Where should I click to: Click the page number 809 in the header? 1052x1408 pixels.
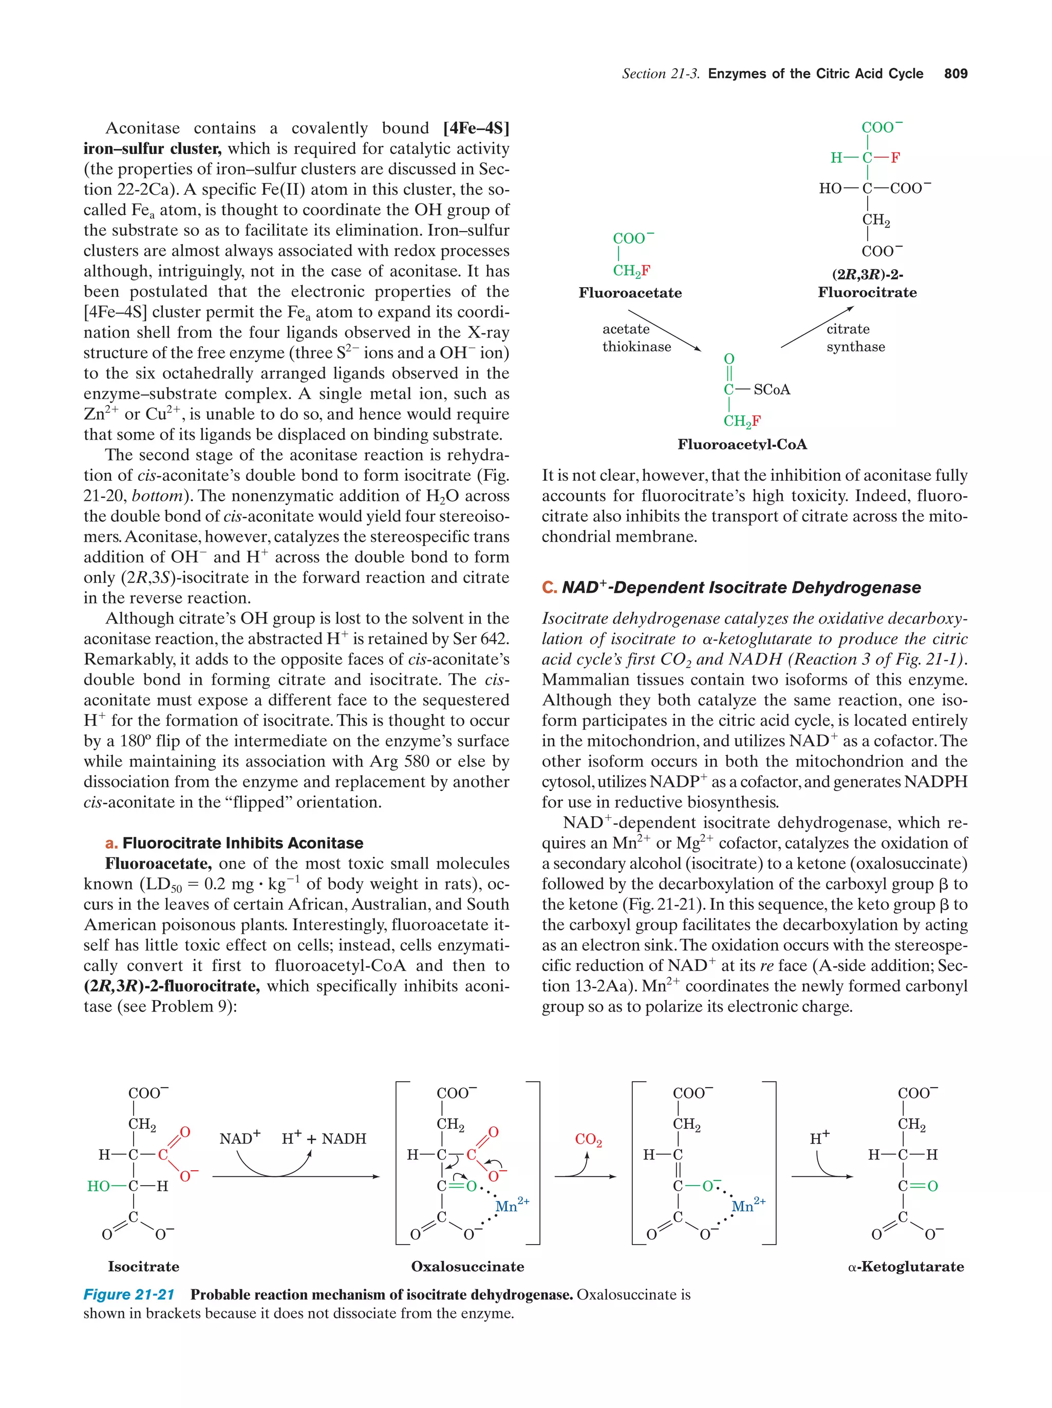pos(955,74)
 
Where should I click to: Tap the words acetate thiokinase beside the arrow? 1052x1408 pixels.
pos(636,338)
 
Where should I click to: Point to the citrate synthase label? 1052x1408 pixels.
pos(855,338)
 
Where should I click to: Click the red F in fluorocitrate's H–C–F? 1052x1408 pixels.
pos(895,158)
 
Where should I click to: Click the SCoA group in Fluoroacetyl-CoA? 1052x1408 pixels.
pos(772,389)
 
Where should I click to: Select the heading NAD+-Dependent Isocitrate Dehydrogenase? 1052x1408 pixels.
pos(741,588)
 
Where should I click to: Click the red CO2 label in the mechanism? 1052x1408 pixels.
pos(588,1139)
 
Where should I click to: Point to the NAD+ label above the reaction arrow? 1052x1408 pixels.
pos(240,1138)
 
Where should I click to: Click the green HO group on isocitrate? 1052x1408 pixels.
pos(99,1186)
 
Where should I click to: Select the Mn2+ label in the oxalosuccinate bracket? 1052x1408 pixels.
pos(511,1206)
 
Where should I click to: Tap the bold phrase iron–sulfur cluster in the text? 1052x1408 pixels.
pos(152,149)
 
